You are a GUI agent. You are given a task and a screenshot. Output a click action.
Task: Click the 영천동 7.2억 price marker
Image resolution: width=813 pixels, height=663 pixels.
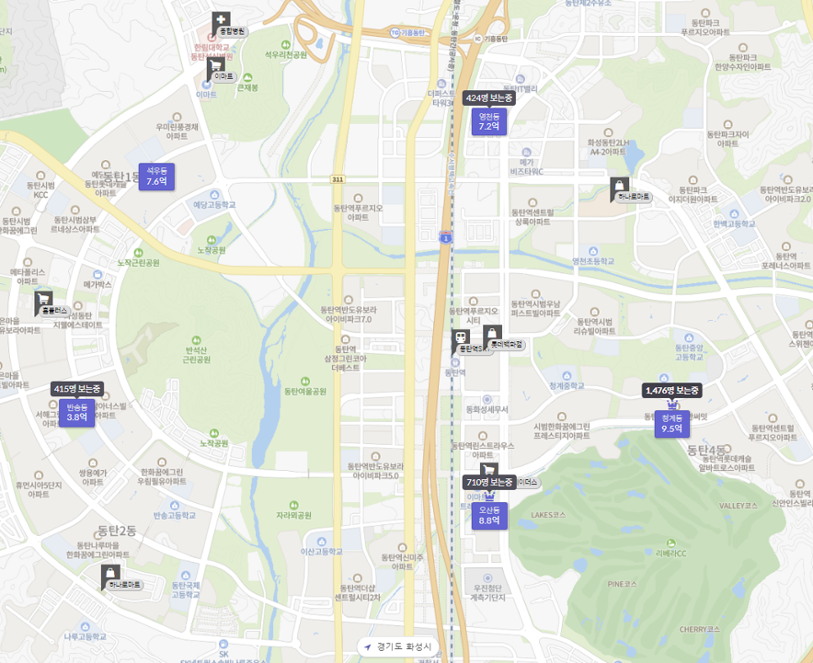click(488, 121)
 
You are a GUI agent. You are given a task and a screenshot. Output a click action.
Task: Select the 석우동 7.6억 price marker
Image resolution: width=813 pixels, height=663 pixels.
click(156, 177)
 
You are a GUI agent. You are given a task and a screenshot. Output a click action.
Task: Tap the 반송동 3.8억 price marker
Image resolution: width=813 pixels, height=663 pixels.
click(76, 412)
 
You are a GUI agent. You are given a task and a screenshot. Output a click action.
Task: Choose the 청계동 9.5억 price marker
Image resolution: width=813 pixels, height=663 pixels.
click(671, 423)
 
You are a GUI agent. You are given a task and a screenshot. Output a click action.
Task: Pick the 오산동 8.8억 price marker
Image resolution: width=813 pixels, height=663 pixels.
click(488, 515)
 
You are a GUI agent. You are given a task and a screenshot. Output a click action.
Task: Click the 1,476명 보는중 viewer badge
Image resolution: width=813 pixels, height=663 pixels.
click(672, 391)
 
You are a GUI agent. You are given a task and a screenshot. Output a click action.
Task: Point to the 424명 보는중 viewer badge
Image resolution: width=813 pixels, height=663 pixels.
click(488, 97)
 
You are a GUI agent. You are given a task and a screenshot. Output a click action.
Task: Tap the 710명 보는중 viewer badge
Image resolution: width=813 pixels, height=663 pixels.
click(488, 482)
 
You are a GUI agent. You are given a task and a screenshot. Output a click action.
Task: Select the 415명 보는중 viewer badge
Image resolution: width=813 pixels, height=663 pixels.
click(77, 388)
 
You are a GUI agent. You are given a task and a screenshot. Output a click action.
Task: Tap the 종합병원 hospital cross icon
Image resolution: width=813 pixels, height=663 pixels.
click(221, 21)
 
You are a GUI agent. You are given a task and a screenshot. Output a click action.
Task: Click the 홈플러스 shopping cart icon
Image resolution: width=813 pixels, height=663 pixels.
click(43, 300)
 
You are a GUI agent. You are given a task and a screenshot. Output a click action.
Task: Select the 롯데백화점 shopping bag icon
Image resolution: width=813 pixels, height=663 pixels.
click(492, 334)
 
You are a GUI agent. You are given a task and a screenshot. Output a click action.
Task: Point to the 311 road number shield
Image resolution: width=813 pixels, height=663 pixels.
click(338, 178)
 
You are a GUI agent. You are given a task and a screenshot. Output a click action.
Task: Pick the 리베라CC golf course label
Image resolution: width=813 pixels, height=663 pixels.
click(671, 554)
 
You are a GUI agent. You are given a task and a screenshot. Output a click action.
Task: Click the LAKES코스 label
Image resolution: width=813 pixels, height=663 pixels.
click(547, 515)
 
